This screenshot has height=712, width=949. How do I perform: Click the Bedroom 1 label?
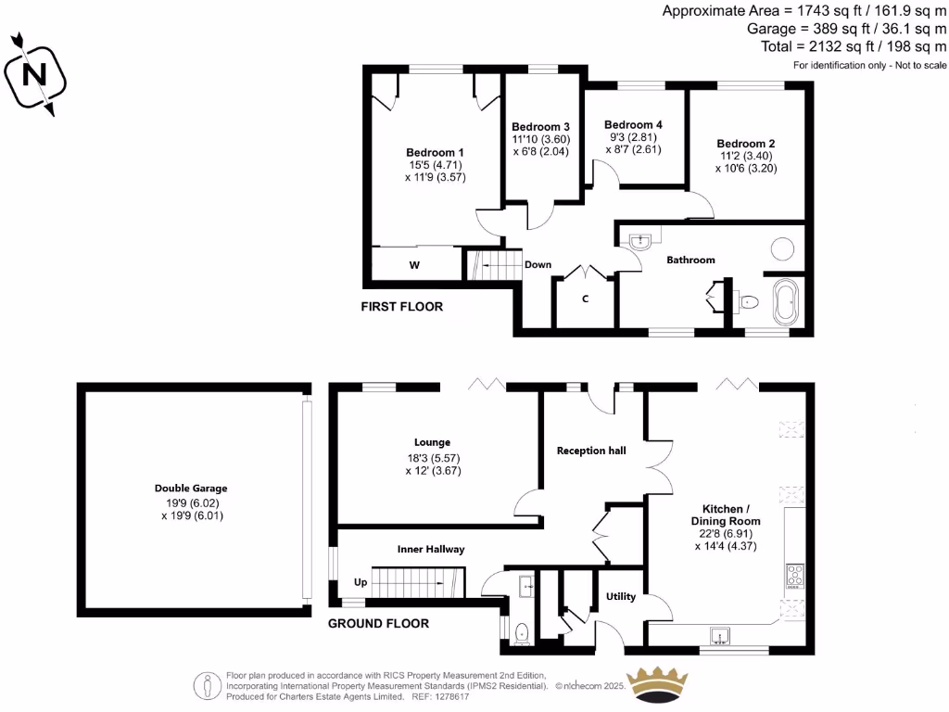point(435,152)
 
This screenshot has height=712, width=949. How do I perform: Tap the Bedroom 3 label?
point(540,127)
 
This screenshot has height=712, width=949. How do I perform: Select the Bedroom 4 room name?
point(633,124)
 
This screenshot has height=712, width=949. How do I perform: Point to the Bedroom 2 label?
point(745,144)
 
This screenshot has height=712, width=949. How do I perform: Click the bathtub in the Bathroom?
point(786,304)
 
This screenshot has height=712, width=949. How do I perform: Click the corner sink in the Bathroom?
point(640,242)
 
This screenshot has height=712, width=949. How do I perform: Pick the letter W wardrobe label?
point(415,265)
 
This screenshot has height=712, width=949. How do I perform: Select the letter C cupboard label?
point(585,299)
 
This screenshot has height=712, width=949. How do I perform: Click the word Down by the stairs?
point(538,264)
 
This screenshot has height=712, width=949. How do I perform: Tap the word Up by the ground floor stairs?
point(361,583)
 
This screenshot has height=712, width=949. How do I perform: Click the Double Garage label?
point(191,488)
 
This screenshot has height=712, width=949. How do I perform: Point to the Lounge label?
point(433,442)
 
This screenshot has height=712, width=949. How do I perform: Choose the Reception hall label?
point(591,451)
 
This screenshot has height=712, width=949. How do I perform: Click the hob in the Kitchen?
point(794,575)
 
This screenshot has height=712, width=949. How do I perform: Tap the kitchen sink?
point(718,636)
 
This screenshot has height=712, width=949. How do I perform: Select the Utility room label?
point(620,596)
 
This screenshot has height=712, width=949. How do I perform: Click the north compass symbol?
point(35,74)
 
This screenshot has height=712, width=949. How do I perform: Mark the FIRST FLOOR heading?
point(402,306)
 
